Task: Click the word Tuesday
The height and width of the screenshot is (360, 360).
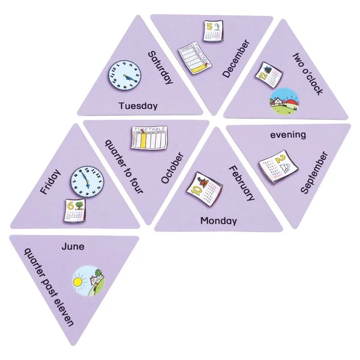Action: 138,106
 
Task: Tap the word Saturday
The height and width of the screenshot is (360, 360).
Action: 160,68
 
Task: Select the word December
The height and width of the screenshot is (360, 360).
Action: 236,59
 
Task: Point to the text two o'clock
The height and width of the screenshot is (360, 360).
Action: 308,74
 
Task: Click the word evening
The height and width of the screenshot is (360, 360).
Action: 288,135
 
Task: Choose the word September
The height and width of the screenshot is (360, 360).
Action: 314,172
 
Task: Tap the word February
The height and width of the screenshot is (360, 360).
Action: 242,183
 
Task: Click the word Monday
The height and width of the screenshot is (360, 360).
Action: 219,221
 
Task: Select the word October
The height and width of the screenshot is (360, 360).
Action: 172,168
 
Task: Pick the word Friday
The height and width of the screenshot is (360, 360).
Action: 50,182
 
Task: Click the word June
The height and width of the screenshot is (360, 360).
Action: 73,246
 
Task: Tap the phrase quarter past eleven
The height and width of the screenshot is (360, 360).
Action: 49,287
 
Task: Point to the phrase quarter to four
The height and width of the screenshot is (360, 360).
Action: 124,166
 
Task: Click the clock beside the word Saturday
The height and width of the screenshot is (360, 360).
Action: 125,75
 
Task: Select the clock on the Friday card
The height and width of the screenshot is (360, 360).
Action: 87,182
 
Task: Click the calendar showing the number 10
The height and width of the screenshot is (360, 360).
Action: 204,189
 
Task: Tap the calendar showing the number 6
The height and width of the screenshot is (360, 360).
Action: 75,210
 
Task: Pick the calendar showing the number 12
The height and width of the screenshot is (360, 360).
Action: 269,75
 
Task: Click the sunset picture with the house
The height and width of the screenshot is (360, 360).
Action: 285,101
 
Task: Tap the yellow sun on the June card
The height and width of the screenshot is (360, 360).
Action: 78,282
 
